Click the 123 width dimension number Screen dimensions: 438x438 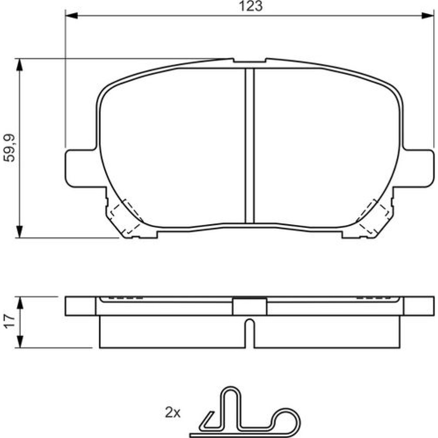[251, 6]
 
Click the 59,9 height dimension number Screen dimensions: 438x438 [9, 148]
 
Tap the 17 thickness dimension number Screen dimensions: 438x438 [9, 321]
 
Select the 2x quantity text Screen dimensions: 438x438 [173, 412]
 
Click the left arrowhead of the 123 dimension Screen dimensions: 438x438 [71, 16]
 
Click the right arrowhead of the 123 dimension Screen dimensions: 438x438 [427, 16]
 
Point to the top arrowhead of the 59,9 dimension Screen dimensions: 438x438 [19, 65]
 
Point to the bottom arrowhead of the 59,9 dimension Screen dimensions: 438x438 [19, 232]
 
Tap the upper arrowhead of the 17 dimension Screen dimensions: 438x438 [19, 303]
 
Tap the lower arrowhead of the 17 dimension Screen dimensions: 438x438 [19, 342]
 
